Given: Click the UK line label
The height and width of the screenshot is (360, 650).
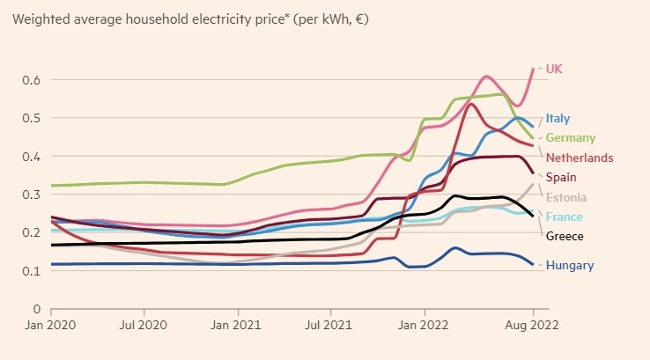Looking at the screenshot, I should tap(554, 69).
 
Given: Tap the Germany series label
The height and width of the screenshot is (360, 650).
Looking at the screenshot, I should tap(570, 138).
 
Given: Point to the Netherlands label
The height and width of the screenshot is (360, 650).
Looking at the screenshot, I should tap(580, 158).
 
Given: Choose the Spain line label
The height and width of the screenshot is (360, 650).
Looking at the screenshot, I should tap(561, 178).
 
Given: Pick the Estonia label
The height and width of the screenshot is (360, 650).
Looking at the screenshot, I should tap(566, 197).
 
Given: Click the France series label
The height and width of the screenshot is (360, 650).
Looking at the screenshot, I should tap(564, 217).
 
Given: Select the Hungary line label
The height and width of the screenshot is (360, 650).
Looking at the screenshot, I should tap(569, 265).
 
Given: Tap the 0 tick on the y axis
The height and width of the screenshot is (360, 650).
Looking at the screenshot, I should tap(37, 309).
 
